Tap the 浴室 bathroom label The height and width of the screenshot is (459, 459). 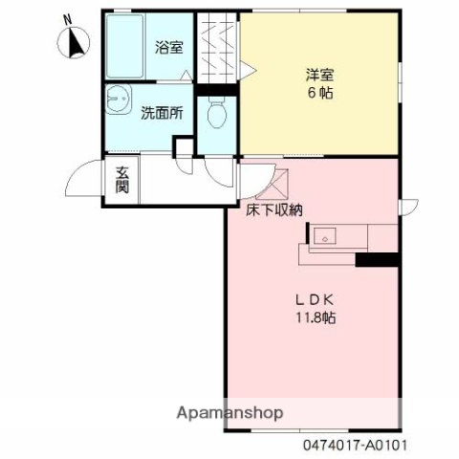(169, 47)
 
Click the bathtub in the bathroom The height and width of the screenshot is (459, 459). (126, 48)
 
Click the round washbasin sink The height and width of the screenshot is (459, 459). (119, 98)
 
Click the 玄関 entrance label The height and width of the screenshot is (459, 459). (123, 180)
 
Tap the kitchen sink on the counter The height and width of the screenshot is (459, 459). (323, 235)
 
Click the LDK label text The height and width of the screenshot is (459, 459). (314, 299)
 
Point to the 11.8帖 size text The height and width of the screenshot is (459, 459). (315, 318)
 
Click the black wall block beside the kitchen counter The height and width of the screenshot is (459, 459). (377, 259)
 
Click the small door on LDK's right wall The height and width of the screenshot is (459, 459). (409, 204)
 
